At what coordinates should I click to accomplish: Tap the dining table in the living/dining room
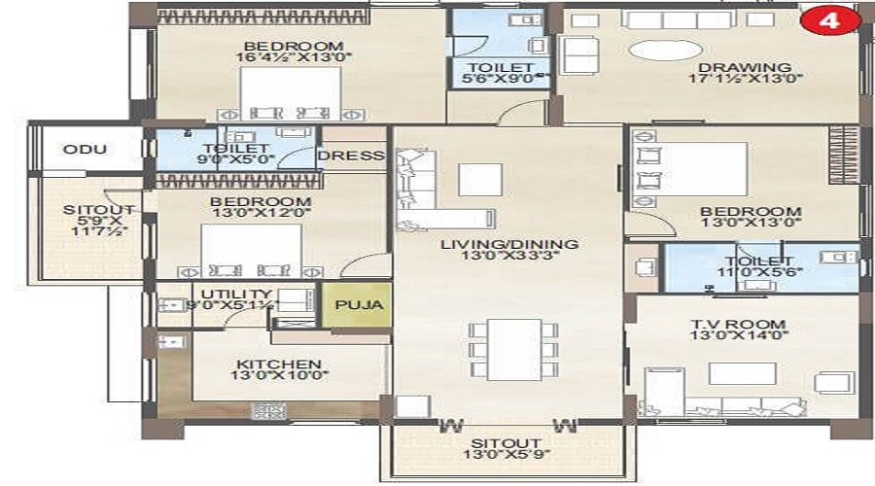[x=514, y=349]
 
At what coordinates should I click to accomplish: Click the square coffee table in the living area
[x=480, y=180]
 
